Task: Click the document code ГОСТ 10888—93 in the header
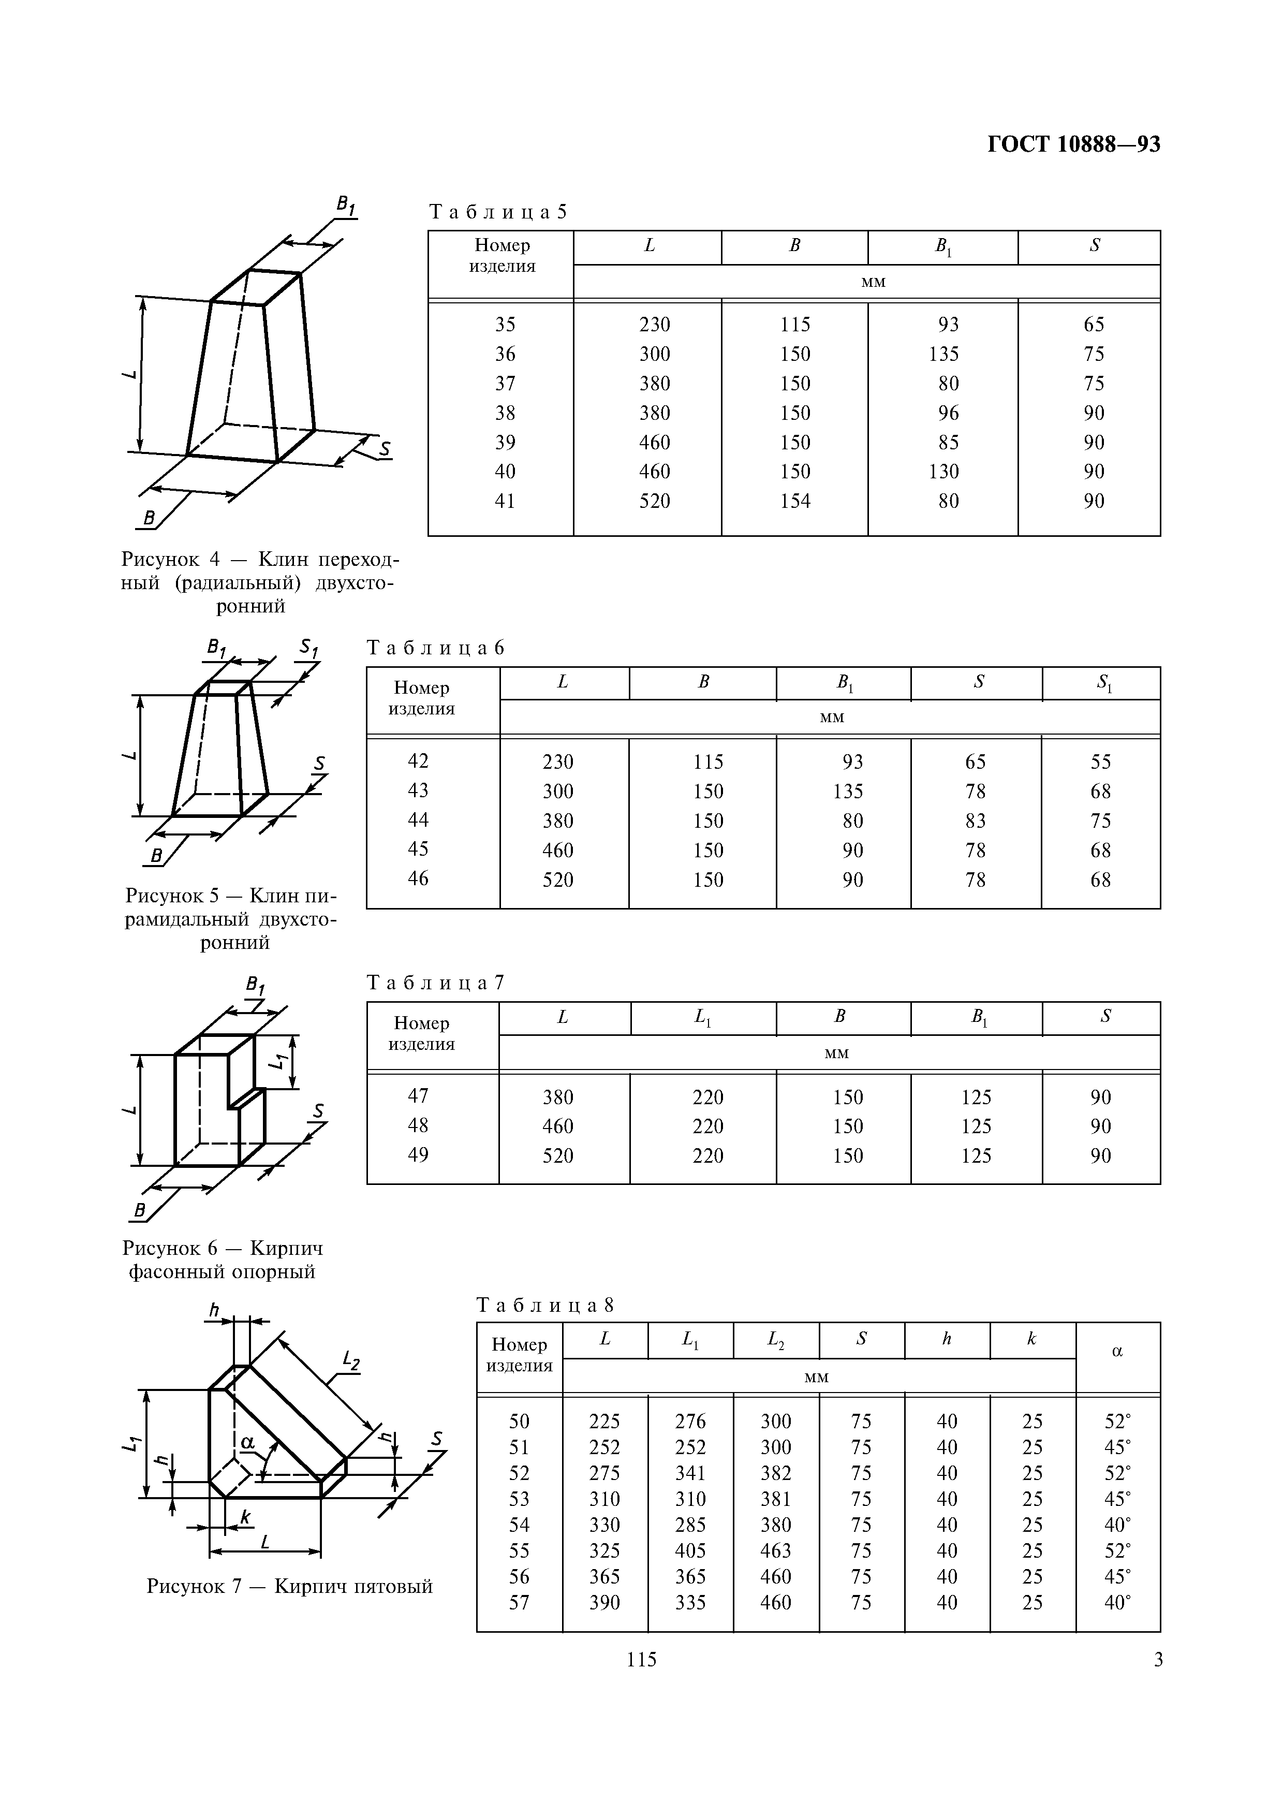pyautogui.click(x=1073, y=145)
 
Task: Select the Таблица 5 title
pyautogui.click(x=498, y=212)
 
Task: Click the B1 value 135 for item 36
pyautogui.click(x=944, y=354)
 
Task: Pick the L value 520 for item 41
pyautogui.click(x=655, y=501)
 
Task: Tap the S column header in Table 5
pyautogui.click(x=1094, y=246)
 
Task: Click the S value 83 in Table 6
pyautogui.click(x=976, y=820)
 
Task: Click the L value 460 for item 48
pyautogui.click(x=558, y=1126)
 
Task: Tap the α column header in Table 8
pyautogui.click(x=1117, y=1352)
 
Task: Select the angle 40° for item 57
pyautogui.click(x=1117, y=1602)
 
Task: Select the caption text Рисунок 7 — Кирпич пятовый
pyautogui.click(x=289, y=1586)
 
